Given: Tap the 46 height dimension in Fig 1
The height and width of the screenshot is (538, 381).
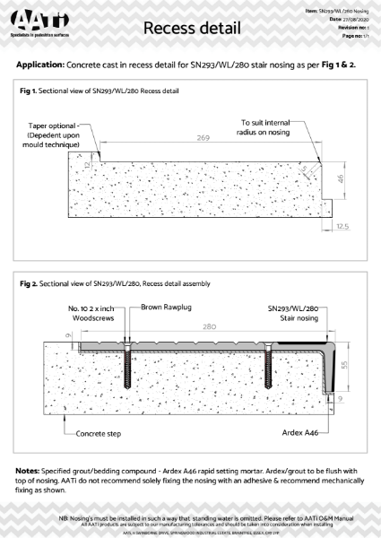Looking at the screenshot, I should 341,180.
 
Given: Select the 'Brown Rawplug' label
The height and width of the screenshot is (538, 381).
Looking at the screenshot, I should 165,308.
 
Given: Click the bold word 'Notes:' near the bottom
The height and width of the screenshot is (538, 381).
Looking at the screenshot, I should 31,470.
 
